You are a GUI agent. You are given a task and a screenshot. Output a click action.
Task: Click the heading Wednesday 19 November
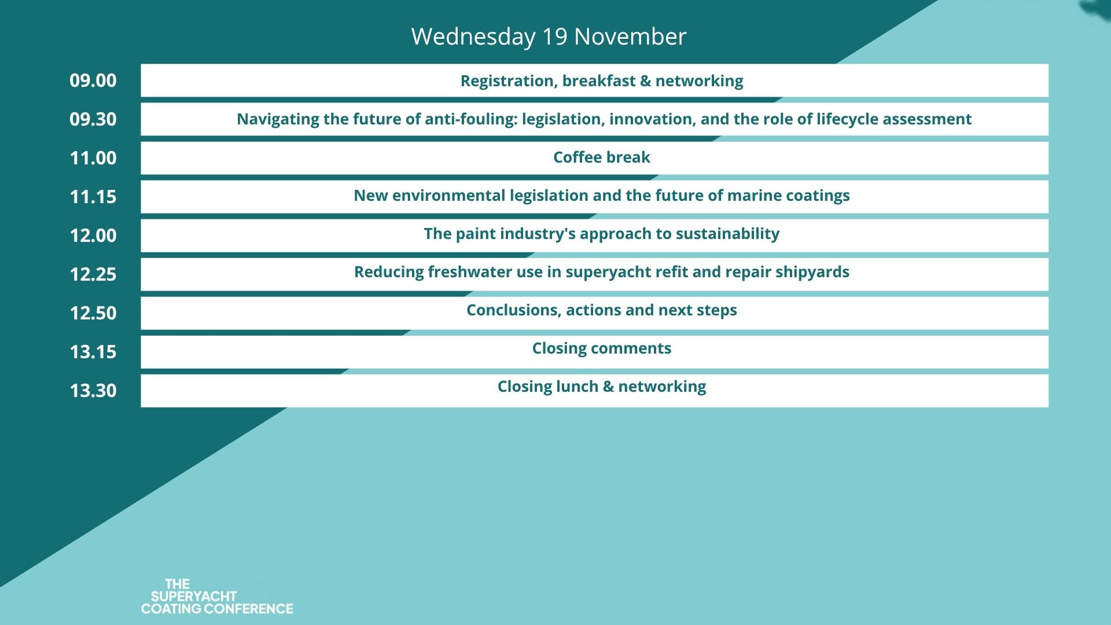coord(549,36)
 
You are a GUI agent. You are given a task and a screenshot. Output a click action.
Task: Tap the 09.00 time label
coord(93,80)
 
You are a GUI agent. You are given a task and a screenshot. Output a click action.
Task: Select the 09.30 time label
coord(93,119)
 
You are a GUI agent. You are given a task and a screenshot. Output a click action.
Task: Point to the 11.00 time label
coord(93,158)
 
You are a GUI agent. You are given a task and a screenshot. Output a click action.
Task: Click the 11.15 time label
coord(93,197)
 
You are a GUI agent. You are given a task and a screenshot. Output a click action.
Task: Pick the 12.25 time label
coord(93,274)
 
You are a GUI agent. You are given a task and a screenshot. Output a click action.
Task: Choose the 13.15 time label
coord(93,352)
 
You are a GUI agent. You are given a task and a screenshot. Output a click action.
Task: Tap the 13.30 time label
coord(93,391)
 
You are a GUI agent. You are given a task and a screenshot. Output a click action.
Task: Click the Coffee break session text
coord(601,157)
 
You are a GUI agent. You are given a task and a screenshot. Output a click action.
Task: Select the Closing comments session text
coord(601,348)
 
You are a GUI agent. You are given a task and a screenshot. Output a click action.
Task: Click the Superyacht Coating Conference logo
coord(217,597)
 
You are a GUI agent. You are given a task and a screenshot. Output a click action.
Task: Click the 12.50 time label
coord(93,313)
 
